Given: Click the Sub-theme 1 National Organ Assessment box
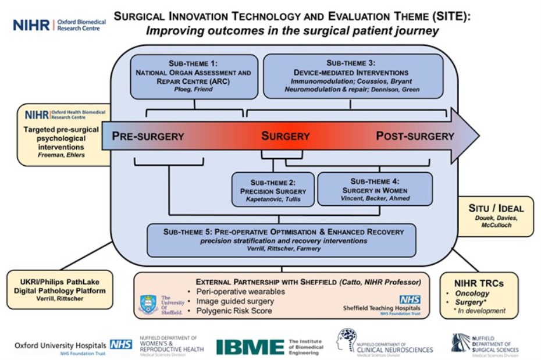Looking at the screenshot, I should pyautogui.click(x=193, y=77).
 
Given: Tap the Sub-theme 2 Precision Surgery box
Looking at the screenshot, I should pyautogui.click(x=272, y=189).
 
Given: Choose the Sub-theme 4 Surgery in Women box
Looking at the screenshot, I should pyautogui.click(x=375, y=189).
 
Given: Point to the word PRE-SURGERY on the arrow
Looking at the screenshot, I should pyautogui.click(x=148, y=137).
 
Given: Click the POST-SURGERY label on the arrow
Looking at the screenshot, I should pyautogui.click(x=415, y=137).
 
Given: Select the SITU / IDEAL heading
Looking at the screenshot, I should pyautogui.click(x=496, y=208).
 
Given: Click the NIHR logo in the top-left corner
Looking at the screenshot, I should pyautogui.click(x=31, y=24).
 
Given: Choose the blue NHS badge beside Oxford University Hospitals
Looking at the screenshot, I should pyautogui.click(x=121, y=344).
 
